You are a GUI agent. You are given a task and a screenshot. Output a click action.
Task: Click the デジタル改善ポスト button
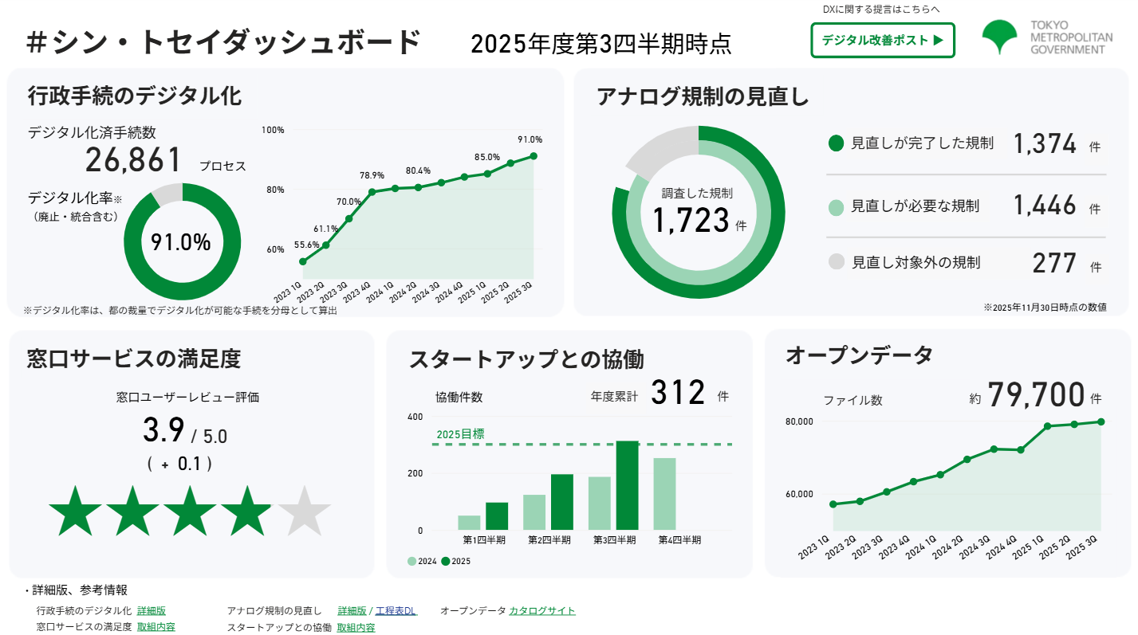pos(882,40)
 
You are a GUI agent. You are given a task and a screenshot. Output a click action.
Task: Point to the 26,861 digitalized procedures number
pos(134,160)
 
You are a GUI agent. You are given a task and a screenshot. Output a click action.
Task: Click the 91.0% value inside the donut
pos(181,242)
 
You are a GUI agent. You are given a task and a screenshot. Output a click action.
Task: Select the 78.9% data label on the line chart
pos(372,175)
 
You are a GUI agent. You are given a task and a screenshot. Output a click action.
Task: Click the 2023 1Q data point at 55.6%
pos(302,261)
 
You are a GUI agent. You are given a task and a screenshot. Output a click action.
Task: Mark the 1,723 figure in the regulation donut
pos(691,220)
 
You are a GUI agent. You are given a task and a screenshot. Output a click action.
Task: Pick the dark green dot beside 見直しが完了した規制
pos(836,143)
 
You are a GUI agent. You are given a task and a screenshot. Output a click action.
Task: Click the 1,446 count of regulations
pos(1045,206)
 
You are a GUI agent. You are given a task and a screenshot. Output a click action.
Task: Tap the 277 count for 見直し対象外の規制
pos(1054,262)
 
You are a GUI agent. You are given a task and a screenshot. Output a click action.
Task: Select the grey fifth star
pos(303,511)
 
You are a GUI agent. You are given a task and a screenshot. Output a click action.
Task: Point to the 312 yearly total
pos(678,393)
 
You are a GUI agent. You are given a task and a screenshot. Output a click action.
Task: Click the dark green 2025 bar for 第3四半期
pos(628,485)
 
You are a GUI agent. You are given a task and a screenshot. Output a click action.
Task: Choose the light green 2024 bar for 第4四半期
pos(664,494)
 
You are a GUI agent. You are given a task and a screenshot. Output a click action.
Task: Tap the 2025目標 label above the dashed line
pos(460,434)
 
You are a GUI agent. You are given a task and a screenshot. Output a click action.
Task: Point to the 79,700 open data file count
pos(1036,394)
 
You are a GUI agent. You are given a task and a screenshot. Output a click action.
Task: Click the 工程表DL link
pos(396,611)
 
